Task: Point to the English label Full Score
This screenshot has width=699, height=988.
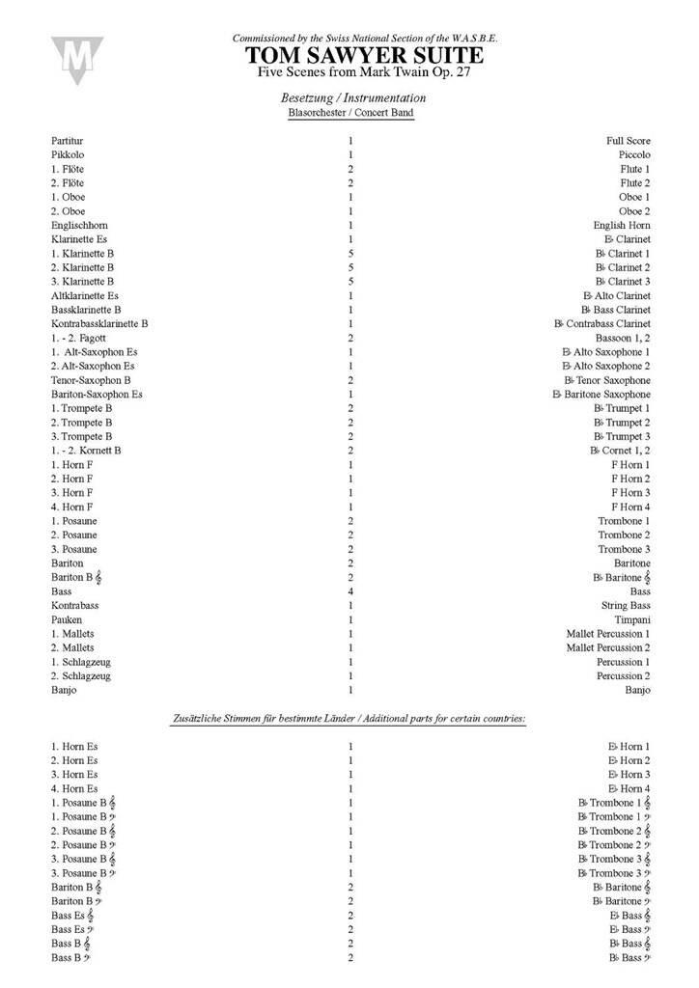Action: click(x=629, y=141)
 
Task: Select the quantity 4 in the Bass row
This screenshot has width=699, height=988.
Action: click(x=350, y=590)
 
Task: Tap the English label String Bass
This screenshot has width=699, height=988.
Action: click(x=625, y=605)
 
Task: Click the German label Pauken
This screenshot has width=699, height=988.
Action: click(x=67, y=619)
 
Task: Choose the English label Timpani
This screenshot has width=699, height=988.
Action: click(x=630, y=619)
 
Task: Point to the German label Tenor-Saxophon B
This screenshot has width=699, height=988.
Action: click(x=92, y=380)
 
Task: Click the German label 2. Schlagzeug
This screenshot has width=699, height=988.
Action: click(x=82, y=675)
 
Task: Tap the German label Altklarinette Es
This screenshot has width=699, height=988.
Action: click(x=86, y=295)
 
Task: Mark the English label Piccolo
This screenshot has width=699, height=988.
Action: click(x=634, y=154)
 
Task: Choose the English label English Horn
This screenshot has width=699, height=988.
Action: click(x=623, y=225)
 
